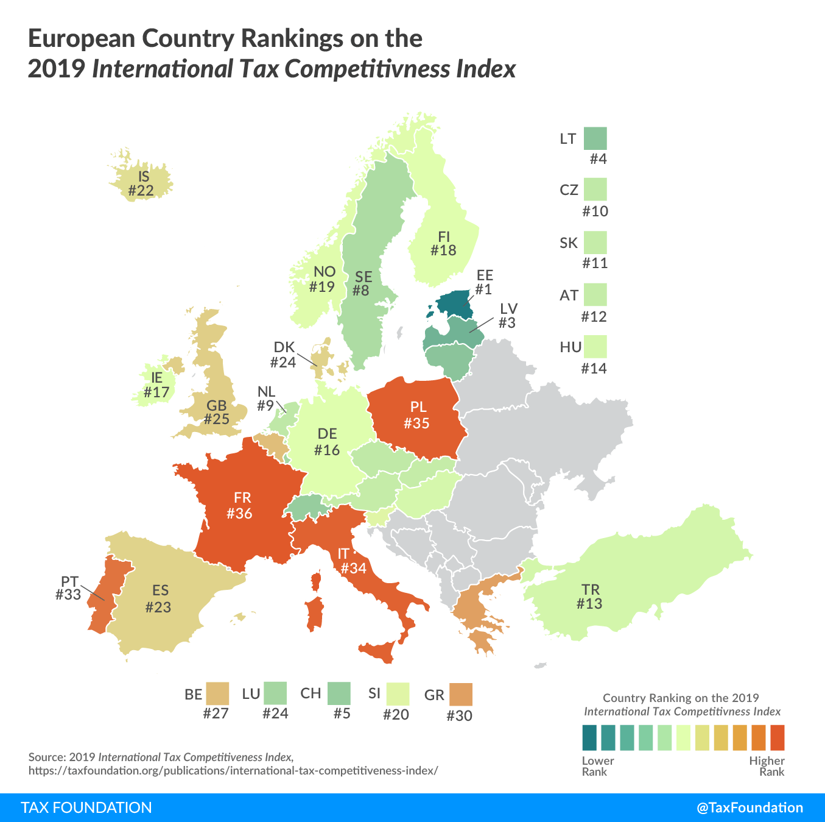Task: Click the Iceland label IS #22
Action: click(142, 184)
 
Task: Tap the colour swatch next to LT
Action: click(595, 138)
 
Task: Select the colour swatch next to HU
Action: click(595, 347)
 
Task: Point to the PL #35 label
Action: click(418, 415)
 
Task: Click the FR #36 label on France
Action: click(239, 506)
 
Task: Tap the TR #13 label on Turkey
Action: click(590, 597)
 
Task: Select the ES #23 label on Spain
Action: click(159, 598)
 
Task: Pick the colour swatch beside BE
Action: click(217, 693)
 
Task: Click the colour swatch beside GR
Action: click(460, 695)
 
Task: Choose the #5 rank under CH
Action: click(342, 714)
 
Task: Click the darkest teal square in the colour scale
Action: click(589, 737)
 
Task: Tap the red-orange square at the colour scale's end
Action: click(778, 737)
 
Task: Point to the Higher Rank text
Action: click(767, 766)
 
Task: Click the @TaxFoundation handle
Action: click(750, 808)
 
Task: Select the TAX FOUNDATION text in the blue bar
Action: click(86, 808)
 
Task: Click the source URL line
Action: click(233, 770)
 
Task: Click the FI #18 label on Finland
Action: click(443, 244)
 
